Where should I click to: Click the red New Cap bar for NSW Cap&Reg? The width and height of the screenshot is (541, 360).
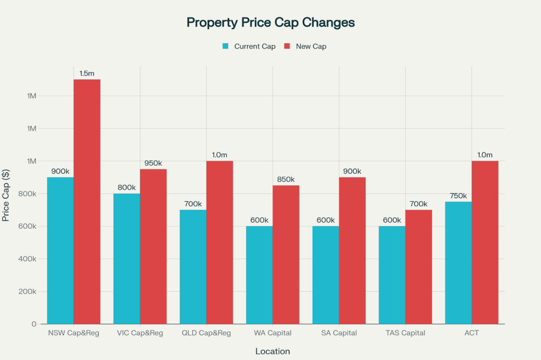tap(87, 201)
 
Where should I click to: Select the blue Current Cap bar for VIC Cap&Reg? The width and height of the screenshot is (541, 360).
tap(127, 259)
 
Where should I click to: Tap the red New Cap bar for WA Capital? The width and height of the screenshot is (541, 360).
tap(286, 254)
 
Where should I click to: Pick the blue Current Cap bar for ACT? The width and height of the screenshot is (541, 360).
tap(459, 262)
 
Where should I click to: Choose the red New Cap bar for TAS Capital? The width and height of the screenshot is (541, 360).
tap(418, 267)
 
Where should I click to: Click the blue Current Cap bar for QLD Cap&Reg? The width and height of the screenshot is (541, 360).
tap(193, 267)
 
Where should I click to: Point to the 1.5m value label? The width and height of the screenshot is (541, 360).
tap(87, 73)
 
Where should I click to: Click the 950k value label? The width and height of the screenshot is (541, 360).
tap(153, 163)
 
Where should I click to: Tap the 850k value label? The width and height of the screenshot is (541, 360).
tap(286, 179)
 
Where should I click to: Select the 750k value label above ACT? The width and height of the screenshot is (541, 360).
tap(459, 196)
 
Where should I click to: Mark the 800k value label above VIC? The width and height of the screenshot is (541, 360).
tap(127, 187)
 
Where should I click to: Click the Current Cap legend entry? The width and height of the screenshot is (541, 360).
tap(249, 46)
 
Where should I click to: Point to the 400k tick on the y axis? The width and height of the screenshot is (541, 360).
tap(26, 259)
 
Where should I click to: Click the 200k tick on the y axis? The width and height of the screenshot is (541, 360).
tap(26, 292)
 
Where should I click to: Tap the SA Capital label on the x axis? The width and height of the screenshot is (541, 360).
tap(339, 333)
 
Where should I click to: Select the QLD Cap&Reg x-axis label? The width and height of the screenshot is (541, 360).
tap(206, 333)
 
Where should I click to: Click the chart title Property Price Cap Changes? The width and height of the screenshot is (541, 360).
tap(270, 23)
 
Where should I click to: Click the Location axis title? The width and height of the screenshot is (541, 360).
tap(273, 351)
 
